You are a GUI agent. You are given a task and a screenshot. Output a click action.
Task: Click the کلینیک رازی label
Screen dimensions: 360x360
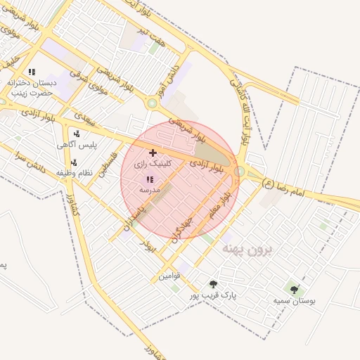tap(152, 163)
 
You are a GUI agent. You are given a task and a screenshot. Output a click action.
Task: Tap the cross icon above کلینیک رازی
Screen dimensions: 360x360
tap(153, 153)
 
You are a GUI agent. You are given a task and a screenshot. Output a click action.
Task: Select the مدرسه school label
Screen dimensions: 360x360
tap(150, 189)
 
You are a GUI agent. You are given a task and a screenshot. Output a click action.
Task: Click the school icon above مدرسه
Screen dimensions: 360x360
tap(150, 179)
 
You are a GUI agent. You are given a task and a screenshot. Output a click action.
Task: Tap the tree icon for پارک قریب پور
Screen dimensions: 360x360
tap(213, 284)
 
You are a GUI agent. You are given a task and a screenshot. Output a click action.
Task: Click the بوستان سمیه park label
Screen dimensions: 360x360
tap(294, 300)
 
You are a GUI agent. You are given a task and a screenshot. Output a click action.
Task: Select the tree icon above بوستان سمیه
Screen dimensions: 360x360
tap(294, 290)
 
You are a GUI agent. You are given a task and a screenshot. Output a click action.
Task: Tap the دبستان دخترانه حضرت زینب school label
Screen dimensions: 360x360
tap(30, 87)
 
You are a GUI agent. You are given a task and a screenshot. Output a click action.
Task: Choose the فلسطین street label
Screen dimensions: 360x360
tap(107, 160)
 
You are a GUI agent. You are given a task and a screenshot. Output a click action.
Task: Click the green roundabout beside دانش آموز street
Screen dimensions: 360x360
tap(152, 103)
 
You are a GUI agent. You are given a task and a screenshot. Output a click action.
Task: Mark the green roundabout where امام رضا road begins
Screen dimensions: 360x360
tap(240, 171)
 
